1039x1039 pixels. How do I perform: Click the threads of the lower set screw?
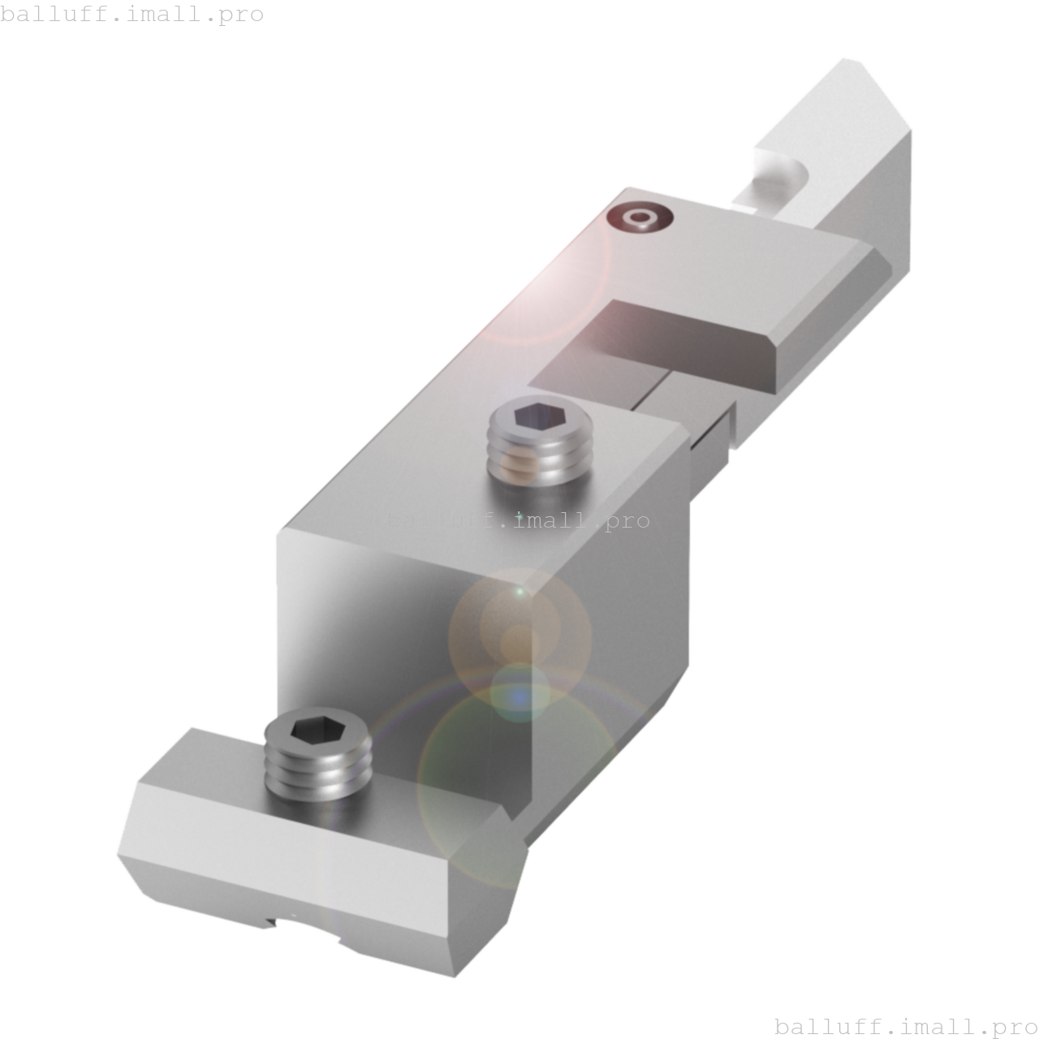click(318, 775)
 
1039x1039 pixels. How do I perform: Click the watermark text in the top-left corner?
click(132, 14)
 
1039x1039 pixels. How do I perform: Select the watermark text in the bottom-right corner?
click(906, 1026)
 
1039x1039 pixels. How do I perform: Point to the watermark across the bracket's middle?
click(518, 520)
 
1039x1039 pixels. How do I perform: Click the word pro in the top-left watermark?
click(242, 14)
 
